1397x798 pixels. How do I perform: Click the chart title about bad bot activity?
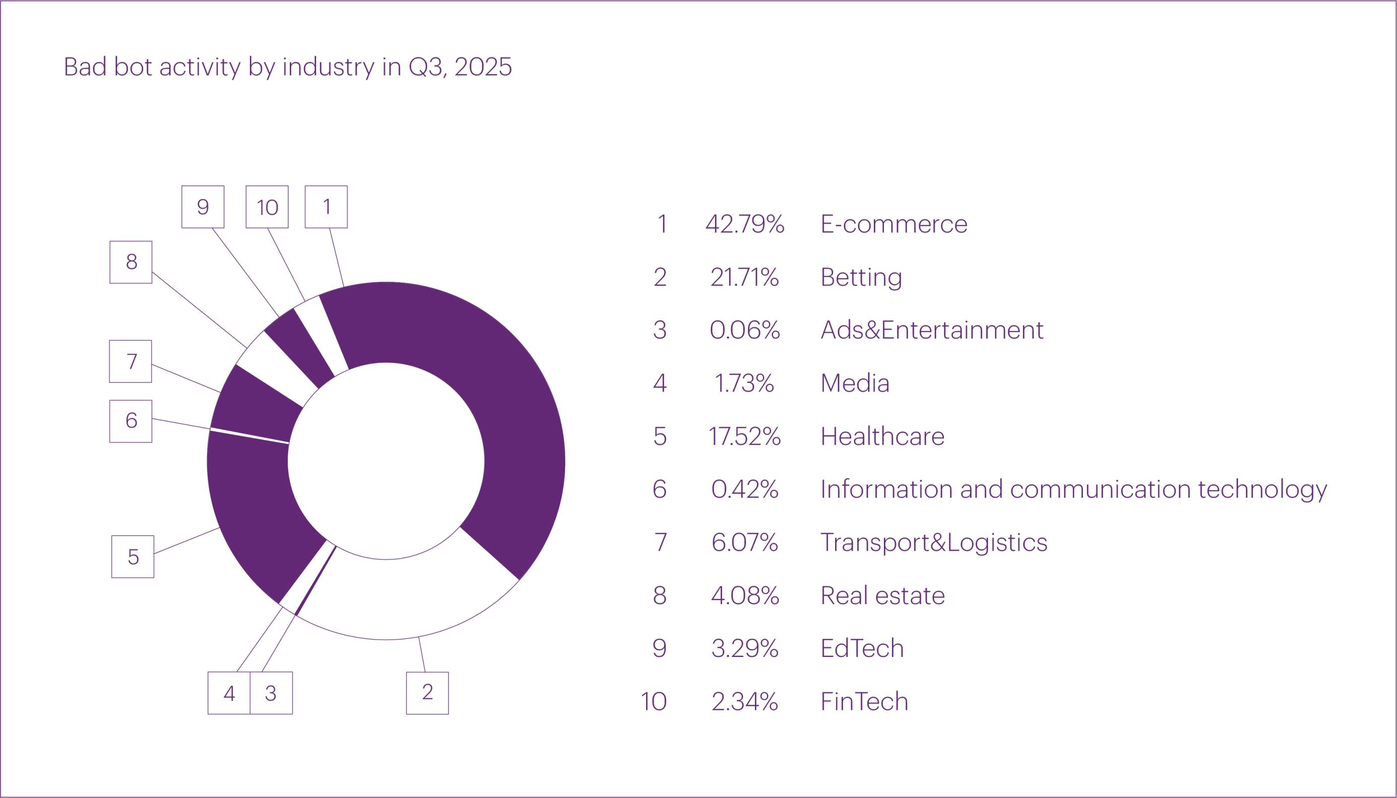287,68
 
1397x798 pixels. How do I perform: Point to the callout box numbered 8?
131,262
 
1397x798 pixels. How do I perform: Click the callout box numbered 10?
267,207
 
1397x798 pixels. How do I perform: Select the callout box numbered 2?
427,693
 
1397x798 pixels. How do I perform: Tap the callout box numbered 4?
229,693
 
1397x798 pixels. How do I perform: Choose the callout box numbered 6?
131,421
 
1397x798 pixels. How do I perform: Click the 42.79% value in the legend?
744,224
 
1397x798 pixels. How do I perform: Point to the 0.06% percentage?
744,330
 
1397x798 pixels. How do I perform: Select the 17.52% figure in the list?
744,436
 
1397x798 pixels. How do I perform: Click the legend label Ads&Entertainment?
931,330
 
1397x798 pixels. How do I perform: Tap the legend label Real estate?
882,595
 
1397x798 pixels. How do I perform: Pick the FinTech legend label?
864,702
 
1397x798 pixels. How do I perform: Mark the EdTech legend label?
862,648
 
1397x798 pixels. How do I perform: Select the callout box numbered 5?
133,556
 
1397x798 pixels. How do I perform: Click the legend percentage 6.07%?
744,542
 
